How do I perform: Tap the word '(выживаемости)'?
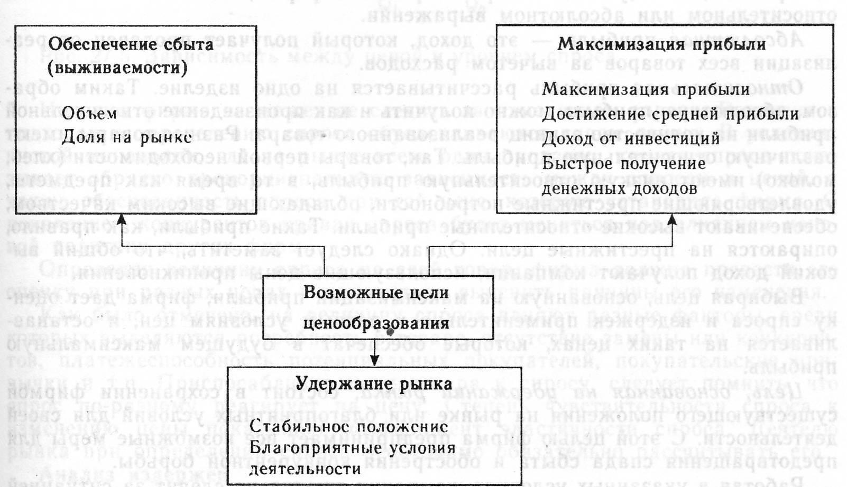coord(117,68)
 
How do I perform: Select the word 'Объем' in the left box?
coord(89,113)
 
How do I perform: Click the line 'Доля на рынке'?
coord(126,138)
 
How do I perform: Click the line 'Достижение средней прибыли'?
coord(670,114)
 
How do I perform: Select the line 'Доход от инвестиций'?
coord(631,138)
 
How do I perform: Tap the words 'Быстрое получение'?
coord(624,163)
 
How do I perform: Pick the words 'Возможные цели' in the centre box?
coord(376,293)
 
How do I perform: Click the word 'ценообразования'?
coord(376,322)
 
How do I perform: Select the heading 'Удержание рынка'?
coord(374,383)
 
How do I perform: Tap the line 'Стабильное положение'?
coord(348,426)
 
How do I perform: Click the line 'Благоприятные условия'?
coord(352,448)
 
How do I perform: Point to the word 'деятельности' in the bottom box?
coord(305,469)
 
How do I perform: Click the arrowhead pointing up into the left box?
coord(122,219)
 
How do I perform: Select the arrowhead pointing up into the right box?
coord(672,219)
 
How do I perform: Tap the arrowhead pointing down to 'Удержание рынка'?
coord(374,361)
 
